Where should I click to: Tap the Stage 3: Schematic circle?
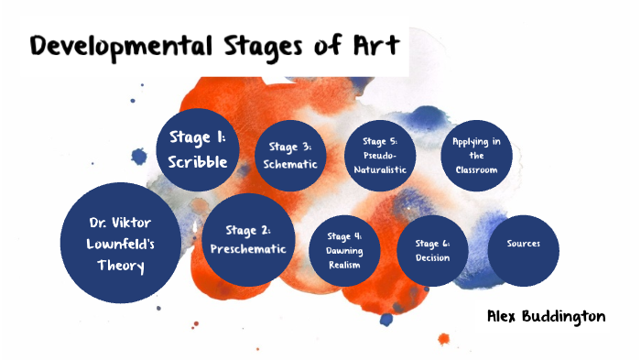(290, 156)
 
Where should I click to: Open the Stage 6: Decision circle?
(432, 250)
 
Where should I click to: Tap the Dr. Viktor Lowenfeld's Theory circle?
(121, 244)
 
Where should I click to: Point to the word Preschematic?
(248, 248)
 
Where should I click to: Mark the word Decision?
(432, 257)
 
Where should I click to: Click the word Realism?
(342, 264)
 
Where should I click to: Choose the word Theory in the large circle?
(122, 266)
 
